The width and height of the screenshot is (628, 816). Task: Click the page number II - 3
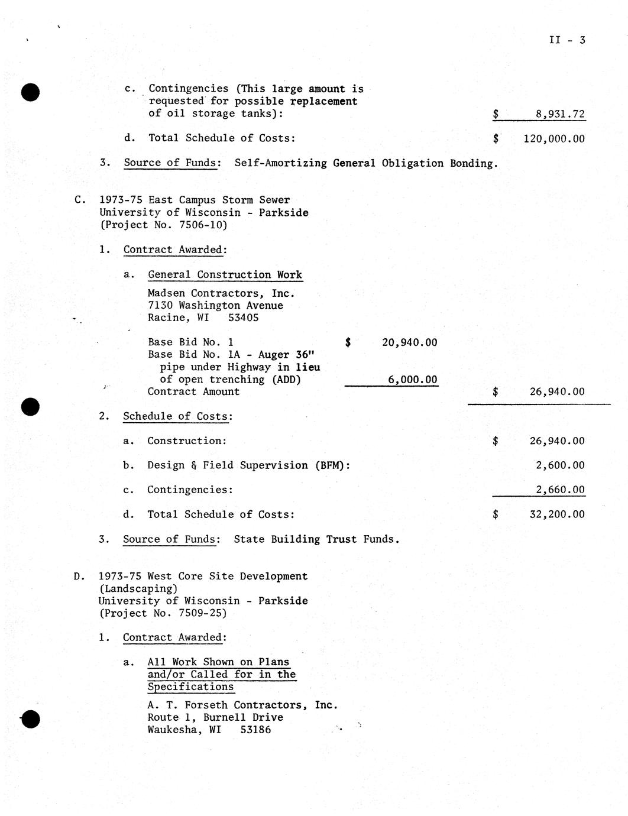(567, 40)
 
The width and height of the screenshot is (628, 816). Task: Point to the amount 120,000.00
(554, 139)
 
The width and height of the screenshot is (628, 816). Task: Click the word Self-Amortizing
(280, 163)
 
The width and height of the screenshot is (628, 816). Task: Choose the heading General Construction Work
(225, 275)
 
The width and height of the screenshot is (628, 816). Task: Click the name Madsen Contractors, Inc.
(221, 293)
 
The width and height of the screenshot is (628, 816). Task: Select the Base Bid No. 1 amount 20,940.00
(409, 342)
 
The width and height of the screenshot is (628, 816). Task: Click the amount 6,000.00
(413, 380)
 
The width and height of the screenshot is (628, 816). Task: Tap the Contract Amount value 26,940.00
(556, 391)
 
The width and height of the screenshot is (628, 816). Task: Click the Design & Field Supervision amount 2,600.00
(560, 465)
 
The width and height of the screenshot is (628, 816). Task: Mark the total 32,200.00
(556, 514)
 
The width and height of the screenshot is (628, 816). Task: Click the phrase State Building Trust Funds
(316, 539)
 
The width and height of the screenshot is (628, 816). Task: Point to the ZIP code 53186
(255, 730)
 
